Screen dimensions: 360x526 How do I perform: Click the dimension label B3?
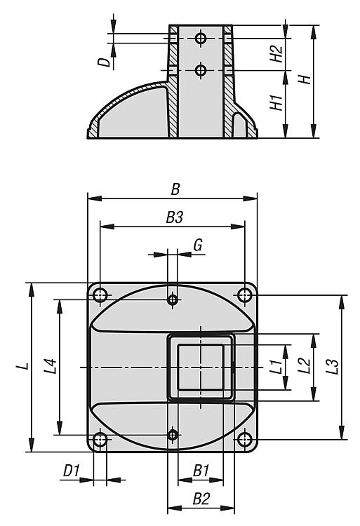click(175, 217)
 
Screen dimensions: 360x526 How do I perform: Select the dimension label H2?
click(276, 53)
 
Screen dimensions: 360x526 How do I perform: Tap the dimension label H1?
click(276, 102)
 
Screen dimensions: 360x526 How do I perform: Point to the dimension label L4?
click(50, 366)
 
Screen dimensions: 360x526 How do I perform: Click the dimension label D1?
click(71, 471)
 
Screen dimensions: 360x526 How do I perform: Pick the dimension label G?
click(198, 245)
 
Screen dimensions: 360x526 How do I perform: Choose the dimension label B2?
click(201, 499)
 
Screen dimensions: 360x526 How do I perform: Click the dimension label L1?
click(276, 367)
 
